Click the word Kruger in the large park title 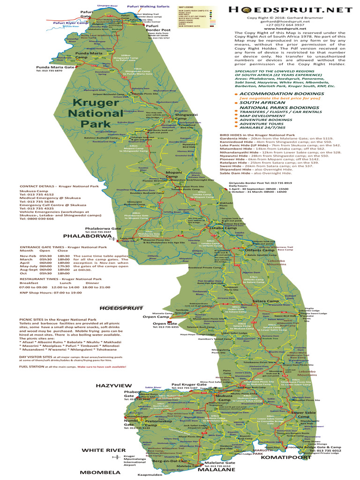[x=91, y=102]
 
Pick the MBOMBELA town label [x=99, y=472]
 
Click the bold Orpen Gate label [x=165, y=323]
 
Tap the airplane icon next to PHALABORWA [x=112, y=238]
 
